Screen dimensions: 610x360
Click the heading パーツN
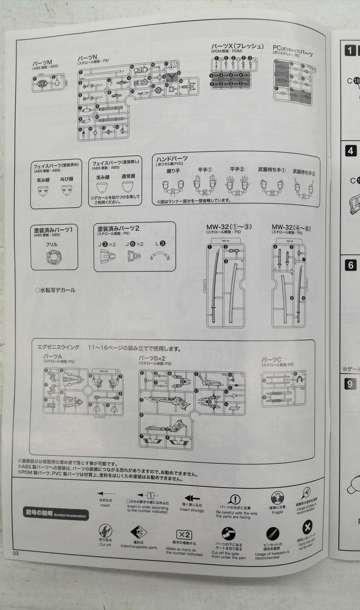[88, 57]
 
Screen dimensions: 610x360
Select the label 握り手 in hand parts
[173, 170]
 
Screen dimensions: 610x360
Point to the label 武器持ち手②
[304, 171]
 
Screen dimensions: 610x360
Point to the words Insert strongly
[192, 510]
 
